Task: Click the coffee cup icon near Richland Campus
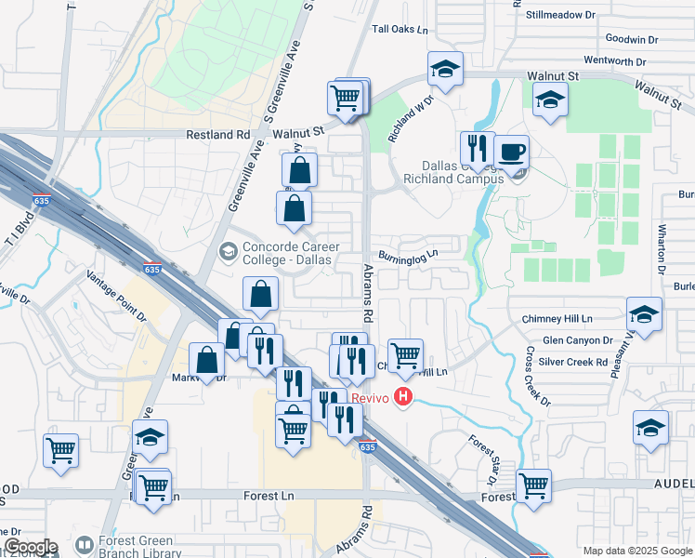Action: point(512,152)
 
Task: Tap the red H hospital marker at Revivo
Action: point(403,397)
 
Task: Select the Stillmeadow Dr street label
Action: point(560,15)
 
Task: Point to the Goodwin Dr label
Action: point(631,39)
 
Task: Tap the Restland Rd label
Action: point(218,135)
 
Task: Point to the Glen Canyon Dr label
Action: point(577,341)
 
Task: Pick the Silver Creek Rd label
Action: point(572,362)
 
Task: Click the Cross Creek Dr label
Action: point(538,378)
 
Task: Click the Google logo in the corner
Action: point(30,547)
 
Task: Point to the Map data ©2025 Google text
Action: point(636,551)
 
